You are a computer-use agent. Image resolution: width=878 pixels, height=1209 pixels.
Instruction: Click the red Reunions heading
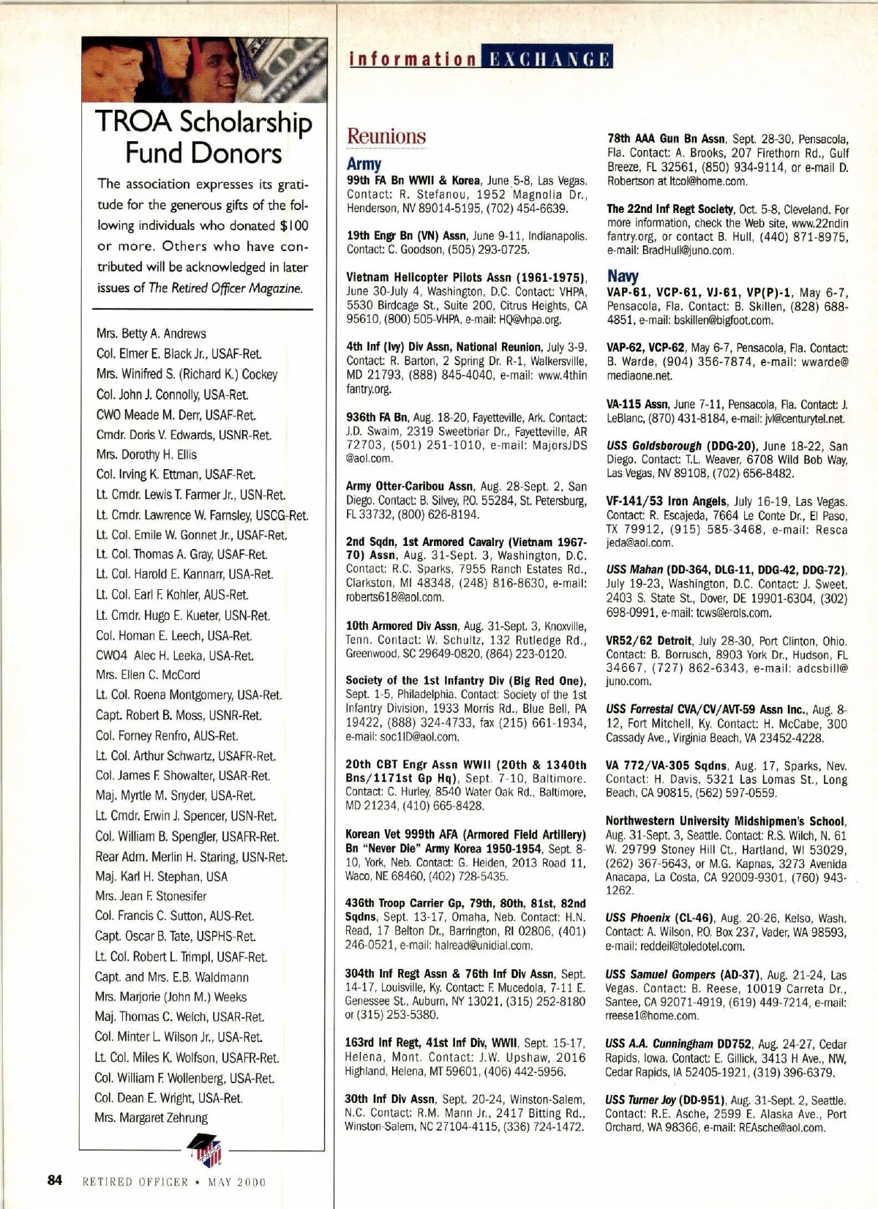coord(386,137)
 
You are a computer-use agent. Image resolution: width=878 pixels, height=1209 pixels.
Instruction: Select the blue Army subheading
coord(364,164)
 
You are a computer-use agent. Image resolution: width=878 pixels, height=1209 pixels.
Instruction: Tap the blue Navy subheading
coord(623,276)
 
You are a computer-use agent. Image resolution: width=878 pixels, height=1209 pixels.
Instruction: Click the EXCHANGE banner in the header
coord(547,58)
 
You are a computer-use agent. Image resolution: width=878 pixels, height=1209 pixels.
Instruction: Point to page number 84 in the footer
coord(55,1180)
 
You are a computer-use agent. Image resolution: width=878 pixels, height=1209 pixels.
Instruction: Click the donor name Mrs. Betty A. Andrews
coord(151,334)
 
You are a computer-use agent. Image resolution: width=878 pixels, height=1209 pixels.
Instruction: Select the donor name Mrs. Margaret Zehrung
coord(151,1118)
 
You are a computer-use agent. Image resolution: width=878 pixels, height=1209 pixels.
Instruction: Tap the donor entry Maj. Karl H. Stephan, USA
coord(161,876)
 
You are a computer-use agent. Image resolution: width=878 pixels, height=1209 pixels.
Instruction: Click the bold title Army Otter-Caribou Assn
coord(410,487)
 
